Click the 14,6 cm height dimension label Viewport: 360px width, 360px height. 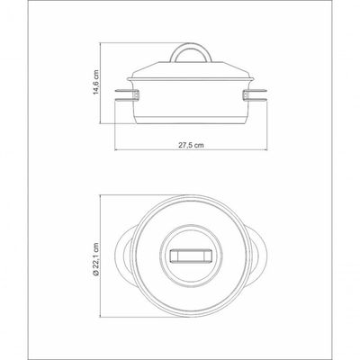click(x=95, y=82)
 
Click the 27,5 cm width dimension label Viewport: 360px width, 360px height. click(x=191, y=145)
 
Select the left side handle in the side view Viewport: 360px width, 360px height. click(x=124, y=94)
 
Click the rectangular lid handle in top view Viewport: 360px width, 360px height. click(x=191, y=256)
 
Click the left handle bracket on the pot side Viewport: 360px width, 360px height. click(x=137, y=94)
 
